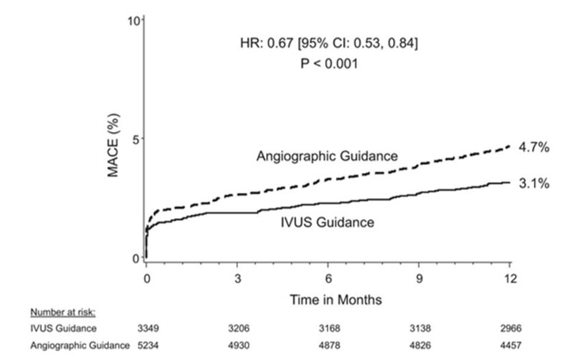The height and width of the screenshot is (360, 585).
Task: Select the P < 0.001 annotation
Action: [329, 63]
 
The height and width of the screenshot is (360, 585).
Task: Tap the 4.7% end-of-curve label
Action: [534, 147]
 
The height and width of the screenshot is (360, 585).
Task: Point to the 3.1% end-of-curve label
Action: [534, 184]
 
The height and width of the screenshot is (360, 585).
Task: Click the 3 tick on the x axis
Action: [237, 278]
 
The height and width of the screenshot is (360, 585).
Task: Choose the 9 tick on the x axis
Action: [419, 278]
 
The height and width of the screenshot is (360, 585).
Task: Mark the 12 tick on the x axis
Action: [510, 278]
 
